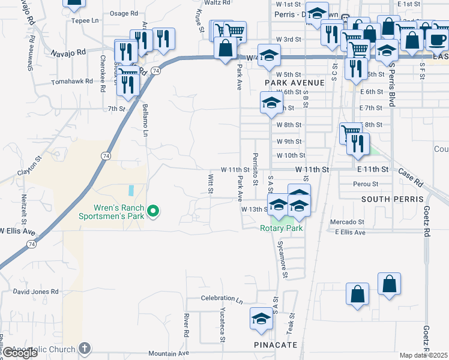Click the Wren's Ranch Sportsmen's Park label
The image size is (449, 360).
click(112, 212)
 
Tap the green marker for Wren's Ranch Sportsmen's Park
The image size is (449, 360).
click(153, 211)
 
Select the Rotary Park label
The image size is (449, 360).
click(280, 228)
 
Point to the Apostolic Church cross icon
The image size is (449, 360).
click(85, 349)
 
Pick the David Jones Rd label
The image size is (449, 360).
click(36, 292)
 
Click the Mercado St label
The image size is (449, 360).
click(347, 222)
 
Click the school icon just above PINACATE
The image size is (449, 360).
click(262, 319)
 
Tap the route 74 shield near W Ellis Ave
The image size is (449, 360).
click(31, 244)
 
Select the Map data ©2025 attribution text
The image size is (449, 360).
click(423, 355)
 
